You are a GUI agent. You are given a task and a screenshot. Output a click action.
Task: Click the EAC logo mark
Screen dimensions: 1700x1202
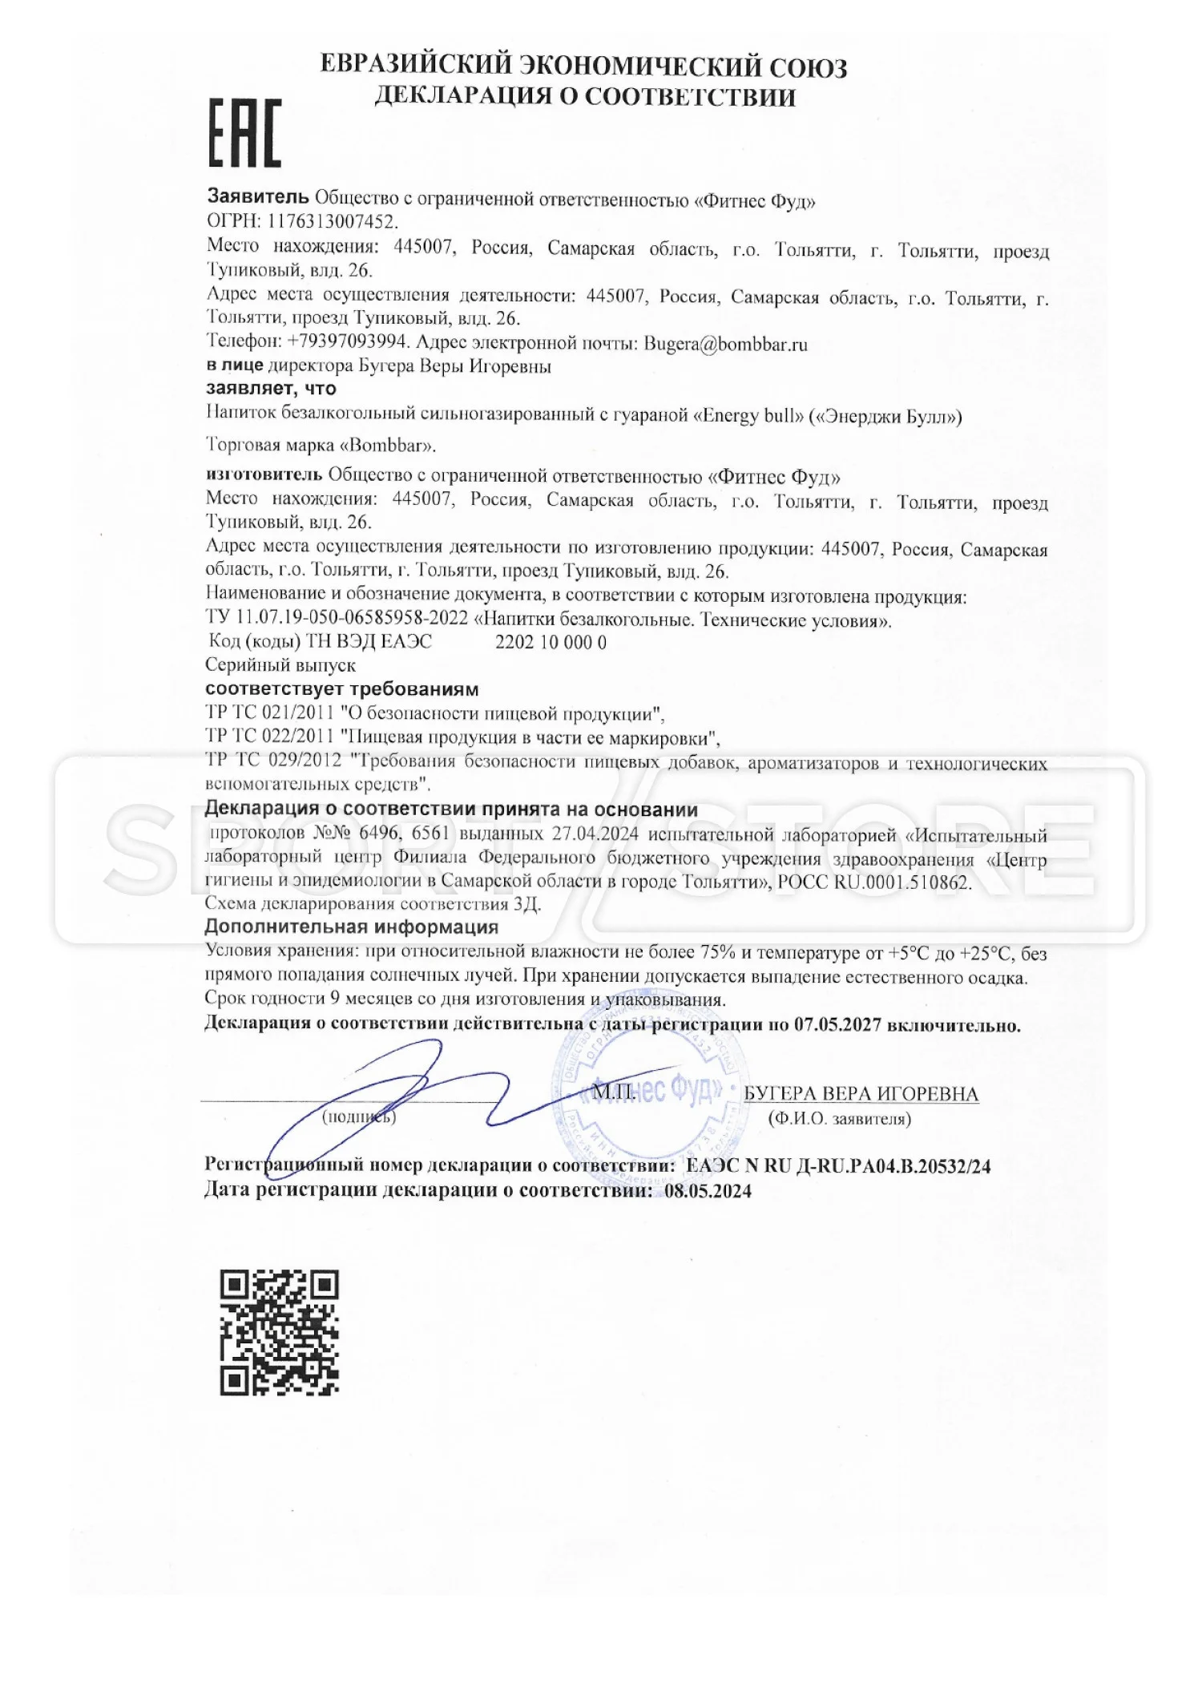coord(245,134)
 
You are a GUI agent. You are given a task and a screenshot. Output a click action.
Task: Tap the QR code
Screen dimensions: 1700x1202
coord(279,1331)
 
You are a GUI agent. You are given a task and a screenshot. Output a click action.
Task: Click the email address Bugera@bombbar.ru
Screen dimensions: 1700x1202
coord(725,345)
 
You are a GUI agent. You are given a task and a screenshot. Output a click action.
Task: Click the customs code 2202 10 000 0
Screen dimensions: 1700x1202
coord(551,642)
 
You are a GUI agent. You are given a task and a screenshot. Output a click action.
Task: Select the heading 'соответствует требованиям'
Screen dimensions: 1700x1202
coord(342,689)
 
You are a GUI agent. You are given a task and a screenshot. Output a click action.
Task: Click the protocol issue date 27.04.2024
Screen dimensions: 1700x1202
coord(595,834)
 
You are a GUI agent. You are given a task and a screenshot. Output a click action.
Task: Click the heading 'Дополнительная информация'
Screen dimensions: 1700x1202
coord(352,927)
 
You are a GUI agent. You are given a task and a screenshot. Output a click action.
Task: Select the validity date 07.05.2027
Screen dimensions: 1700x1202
coord(837,1025)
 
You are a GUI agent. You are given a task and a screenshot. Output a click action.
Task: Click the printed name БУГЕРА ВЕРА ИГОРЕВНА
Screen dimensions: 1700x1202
coord(861,1094)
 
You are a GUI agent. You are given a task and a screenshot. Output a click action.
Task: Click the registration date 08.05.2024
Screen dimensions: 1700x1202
coord(708,1191)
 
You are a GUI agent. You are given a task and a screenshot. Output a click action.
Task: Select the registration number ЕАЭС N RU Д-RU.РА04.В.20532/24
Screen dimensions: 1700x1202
coord(838,1166)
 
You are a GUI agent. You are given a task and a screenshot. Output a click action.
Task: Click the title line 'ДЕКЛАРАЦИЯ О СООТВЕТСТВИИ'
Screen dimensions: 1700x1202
coord(586,97)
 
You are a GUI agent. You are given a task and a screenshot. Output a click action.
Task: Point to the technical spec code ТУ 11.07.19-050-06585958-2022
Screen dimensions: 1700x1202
coord(337,620)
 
